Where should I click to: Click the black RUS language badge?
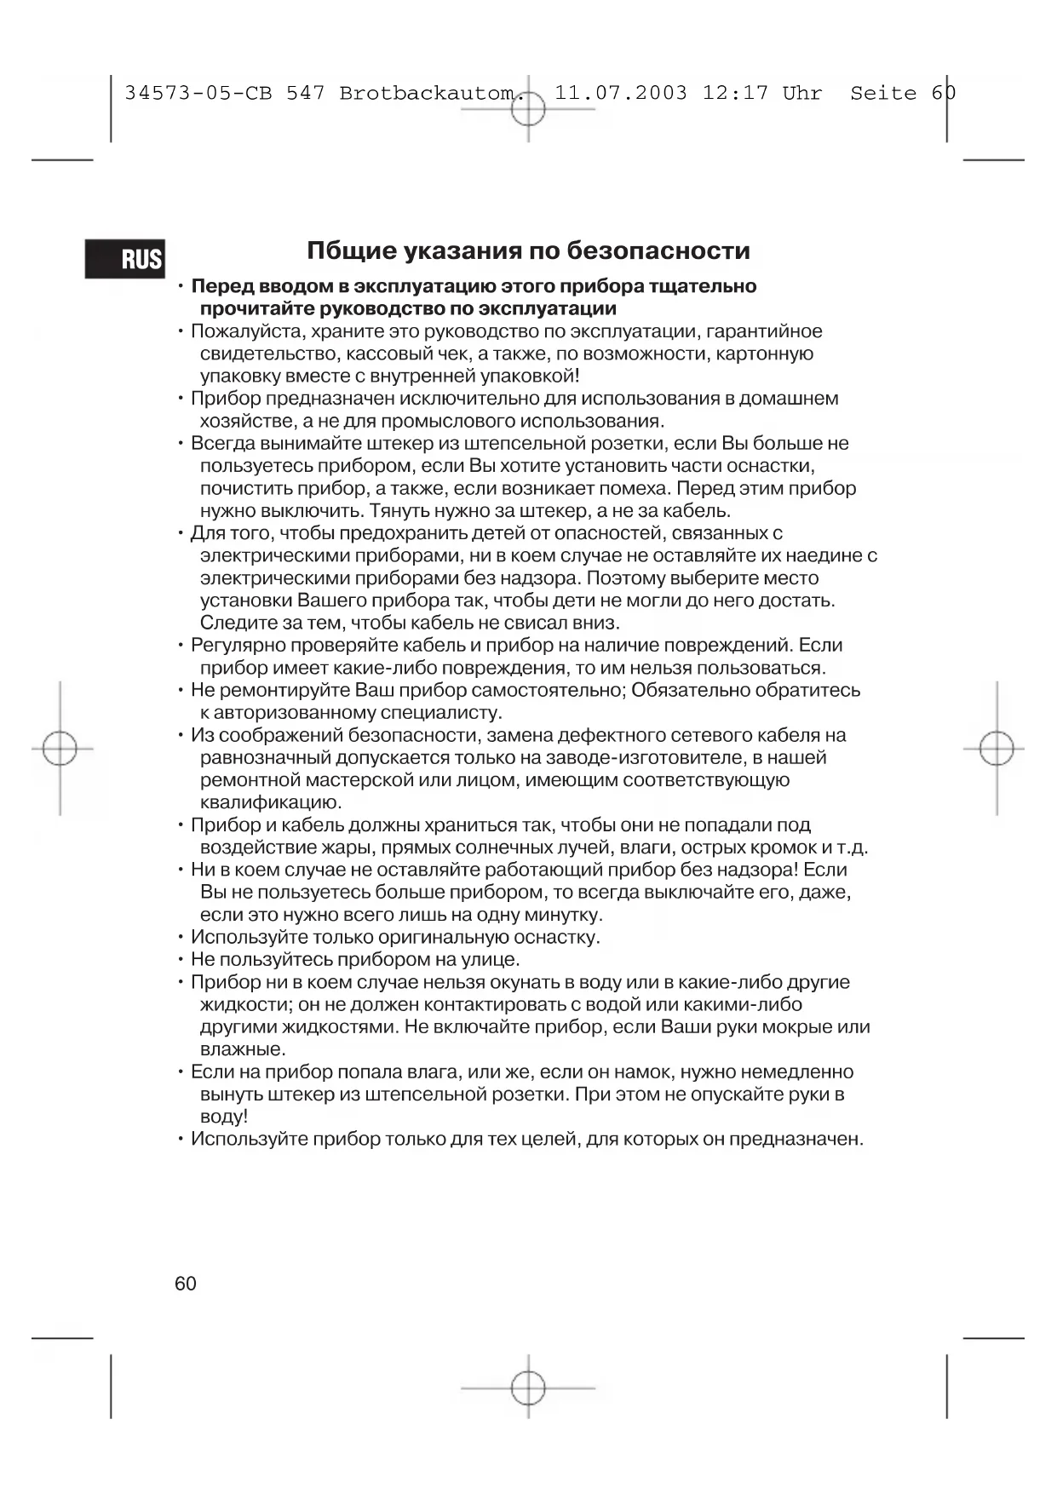pyautogui.click(x=125, y=258)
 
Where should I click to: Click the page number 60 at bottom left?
pyautogui.click(x=185, y=1284)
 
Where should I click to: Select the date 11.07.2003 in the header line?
pyautogui.click(x=620, y=94)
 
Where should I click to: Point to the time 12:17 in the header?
pyautogui.click(x=735, y=94)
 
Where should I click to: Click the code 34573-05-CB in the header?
pyautogui.click(x=198, y=94)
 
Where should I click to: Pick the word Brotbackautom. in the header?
pyautogui.click(x=432, y=94)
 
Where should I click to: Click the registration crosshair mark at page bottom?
pyautogui.click(x=528, y=1388)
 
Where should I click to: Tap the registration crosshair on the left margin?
pyautogui.click(x=60, y=749)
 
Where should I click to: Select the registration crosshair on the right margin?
pyautogui.click(x=997, y=749)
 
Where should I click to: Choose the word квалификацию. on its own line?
pyautogui.click(x=271, y=802)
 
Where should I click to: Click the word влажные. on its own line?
pyautogui.click(x=243, y=1049)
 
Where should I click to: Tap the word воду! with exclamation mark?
pyautogui.click(x=224, y=1117)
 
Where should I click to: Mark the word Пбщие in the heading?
pyautogui.click(x=349, y=250)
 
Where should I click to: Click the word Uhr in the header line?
pyautogui.click(x=802, y=94)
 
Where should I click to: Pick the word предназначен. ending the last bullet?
pyautogui.click(x=796, y=1140)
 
